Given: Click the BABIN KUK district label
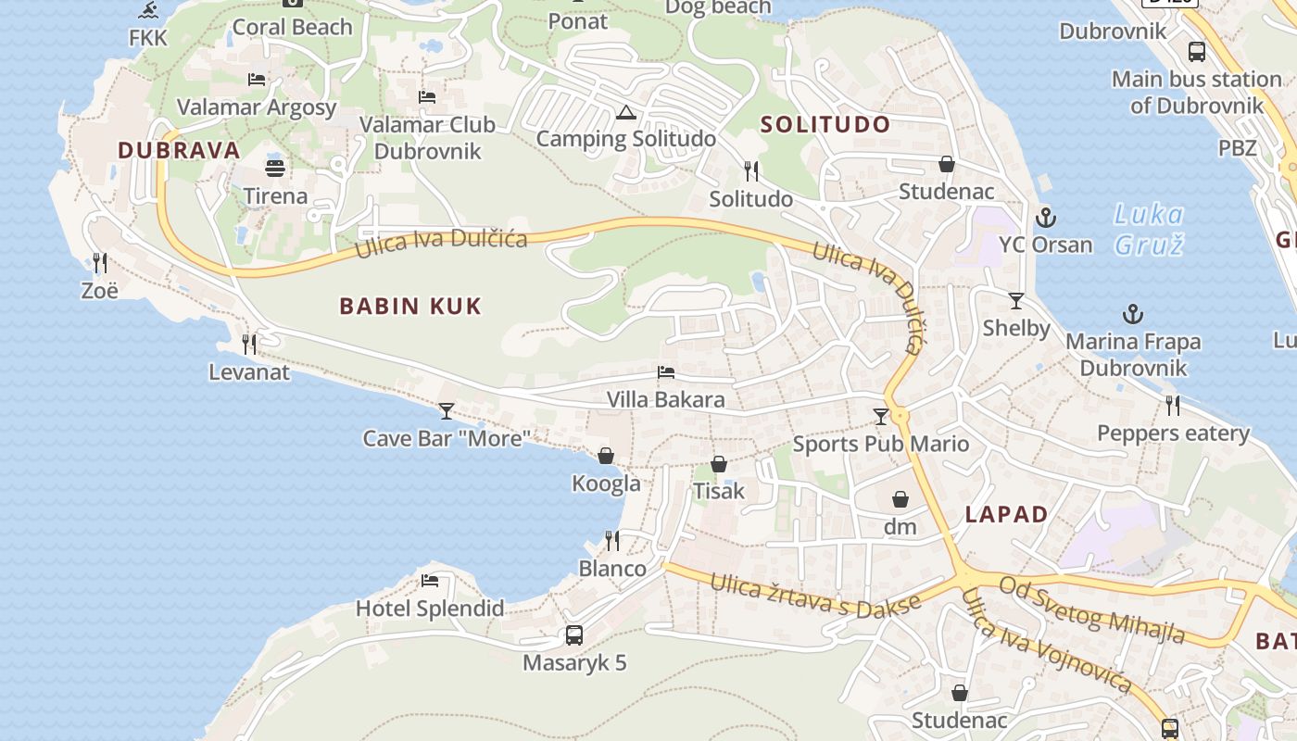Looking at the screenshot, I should [410, 307].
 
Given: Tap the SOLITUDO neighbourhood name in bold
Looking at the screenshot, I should [825, 125].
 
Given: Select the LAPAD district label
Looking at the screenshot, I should [1006, 515].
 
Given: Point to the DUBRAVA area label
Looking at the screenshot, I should [179, 150].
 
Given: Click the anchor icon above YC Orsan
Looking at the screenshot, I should [1045, 219].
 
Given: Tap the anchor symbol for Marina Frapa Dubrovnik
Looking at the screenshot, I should [1132, 315].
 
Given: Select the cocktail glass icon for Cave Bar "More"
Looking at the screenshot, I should [447, 410].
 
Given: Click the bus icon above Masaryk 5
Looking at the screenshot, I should [574, 635].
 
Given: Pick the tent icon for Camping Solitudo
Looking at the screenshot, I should [625, 113].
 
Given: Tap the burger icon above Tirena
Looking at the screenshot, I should [275, 169].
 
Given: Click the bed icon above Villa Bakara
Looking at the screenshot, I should [665, 372].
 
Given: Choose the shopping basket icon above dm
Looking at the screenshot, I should [900, 500].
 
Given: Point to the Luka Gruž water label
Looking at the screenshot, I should [1149, 230].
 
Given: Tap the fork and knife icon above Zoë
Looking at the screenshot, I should [100, 263].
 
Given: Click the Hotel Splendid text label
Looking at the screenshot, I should [430, 609].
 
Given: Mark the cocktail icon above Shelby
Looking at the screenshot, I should [1016, 301].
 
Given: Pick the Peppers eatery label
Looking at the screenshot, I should [1173, 433].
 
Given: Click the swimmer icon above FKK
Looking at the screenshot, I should [148, 11].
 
